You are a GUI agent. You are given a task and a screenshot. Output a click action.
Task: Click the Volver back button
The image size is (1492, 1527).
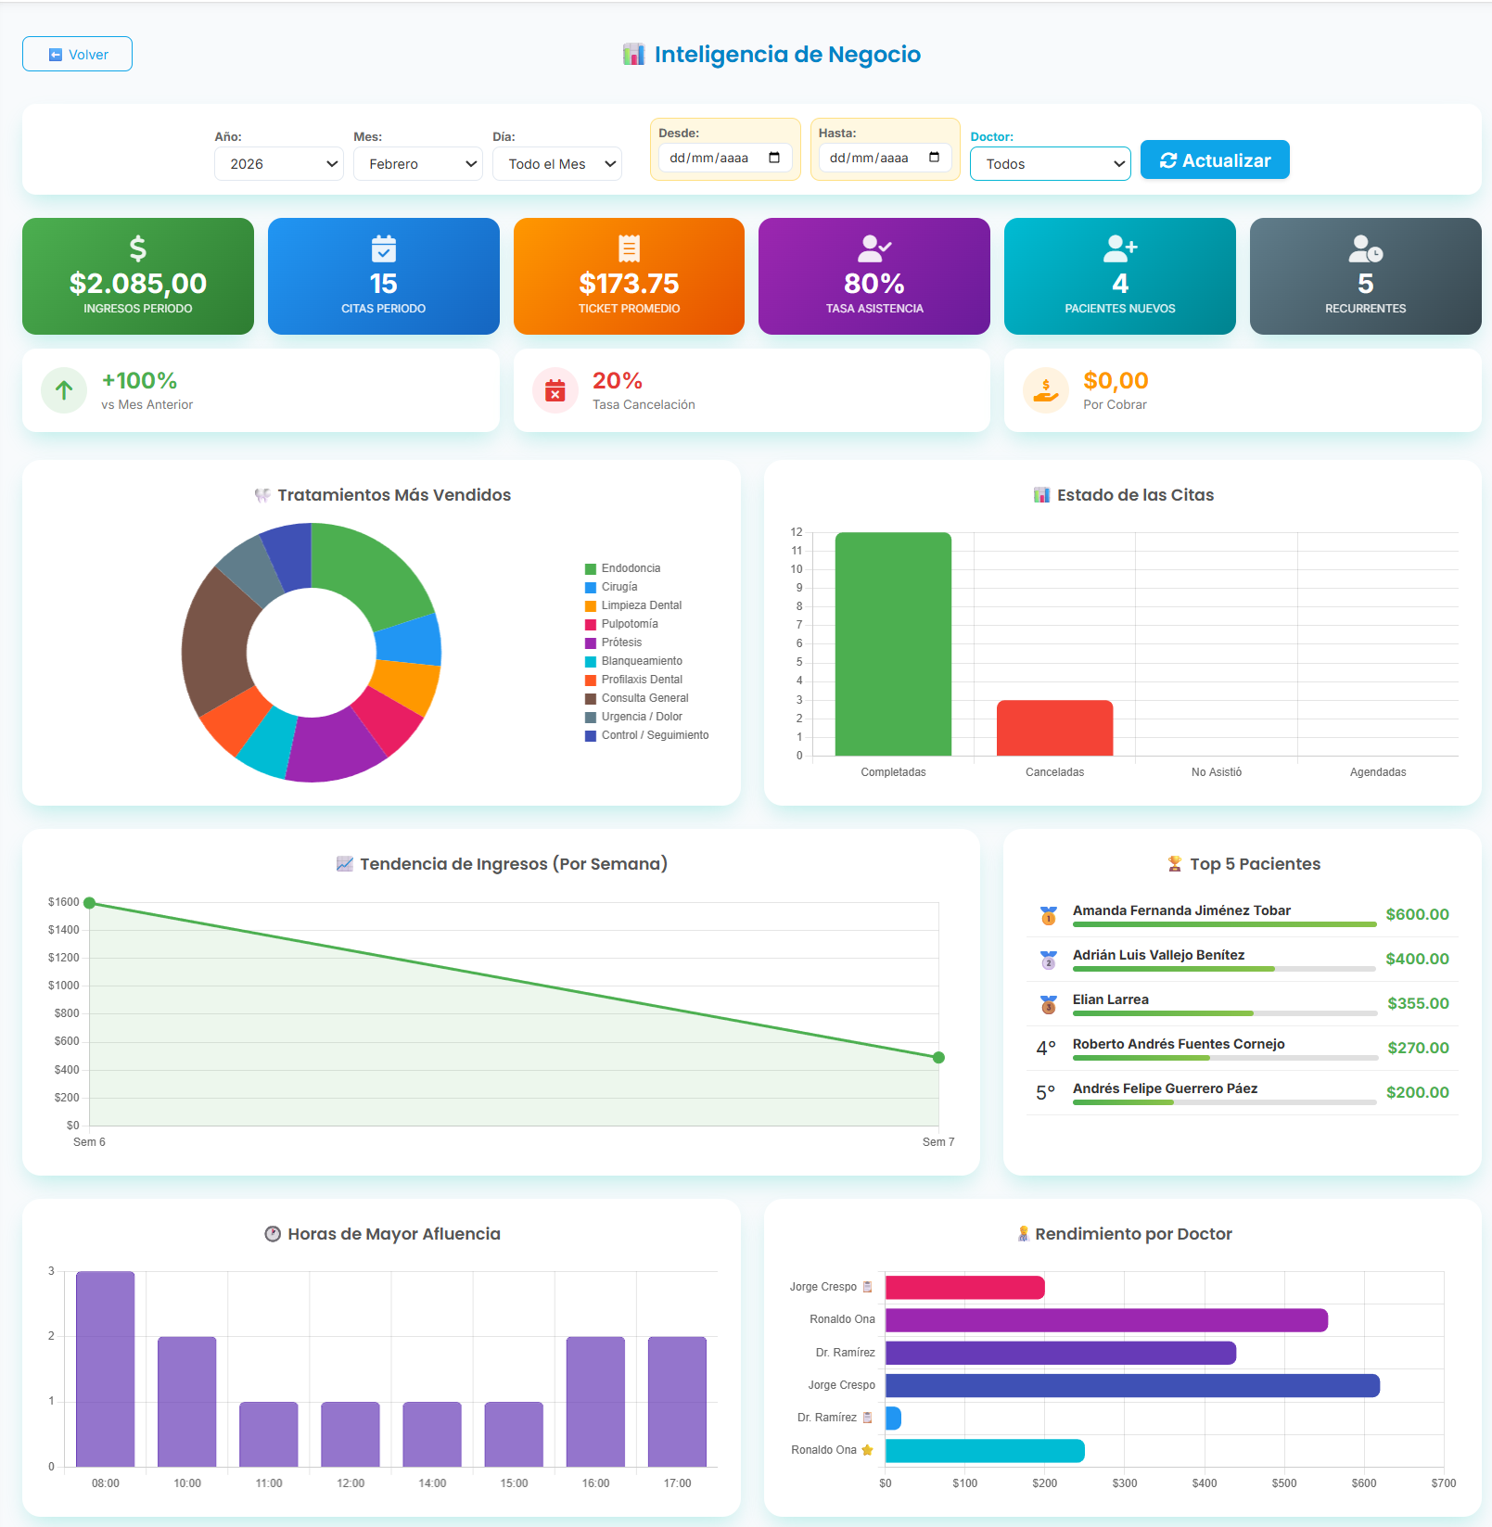77,55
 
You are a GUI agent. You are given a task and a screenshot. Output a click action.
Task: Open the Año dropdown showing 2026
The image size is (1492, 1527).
278,164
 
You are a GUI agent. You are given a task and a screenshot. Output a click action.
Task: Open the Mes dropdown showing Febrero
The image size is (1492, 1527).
417,164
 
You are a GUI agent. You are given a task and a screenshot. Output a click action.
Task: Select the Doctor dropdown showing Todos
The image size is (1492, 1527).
1050,164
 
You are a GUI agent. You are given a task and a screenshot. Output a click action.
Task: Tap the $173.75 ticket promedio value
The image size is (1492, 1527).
629,283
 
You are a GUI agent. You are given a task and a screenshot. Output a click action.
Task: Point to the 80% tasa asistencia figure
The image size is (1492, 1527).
874,283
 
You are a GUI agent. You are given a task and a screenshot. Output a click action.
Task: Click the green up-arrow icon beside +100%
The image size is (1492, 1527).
64,390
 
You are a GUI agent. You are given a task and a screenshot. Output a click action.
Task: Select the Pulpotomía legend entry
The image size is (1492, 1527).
630,624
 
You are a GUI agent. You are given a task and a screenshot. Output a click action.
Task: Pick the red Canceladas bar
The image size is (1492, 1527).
1054,728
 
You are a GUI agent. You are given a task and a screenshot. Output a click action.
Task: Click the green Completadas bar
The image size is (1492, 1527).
893,644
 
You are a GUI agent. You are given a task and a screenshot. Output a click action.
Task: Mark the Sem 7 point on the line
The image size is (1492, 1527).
938,1058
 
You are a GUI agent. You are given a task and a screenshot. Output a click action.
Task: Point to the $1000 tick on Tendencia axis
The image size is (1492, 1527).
64,986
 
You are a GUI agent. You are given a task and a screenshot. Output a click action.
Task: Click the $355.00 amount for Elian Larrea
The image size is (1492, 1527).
1418,1003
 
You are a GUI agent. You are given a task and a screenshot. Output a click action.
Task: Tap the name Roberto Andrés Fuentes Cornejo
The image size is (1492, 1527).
1178,1044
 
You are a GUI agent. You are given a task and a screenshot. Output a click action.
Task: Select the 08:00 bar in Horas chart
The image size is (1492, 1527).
105,1368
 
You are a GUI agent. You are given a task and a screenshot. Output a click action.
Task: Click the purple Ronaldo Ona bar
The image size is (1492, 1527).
1105,1320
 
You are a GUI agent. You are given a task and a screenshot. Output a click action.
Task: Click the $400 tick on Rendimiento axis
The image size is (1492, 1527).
1205,1483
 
